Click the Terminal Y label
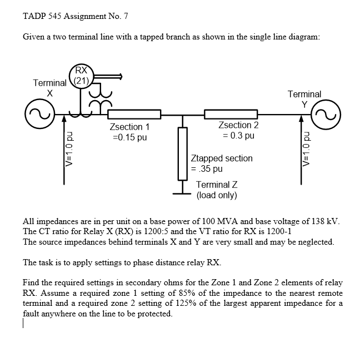tap(304, 99)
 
